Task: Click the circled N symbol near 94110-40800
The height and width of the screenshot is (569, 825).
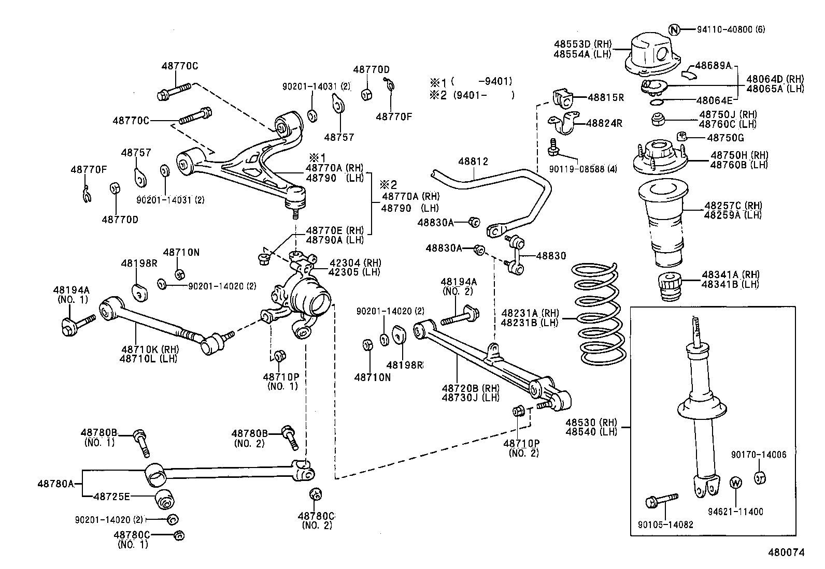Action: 674,30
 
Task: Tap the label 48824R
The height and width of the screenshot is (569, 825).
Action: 604,123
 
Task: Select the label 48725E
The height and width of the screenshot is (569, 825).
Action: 111,497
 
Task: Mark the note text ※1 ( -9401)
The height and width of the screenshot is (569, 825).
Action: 471,81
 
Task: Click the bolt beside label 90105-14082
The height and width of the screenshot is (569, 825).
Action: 662,500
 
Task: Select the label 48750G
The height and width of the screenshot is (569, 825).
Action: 725,138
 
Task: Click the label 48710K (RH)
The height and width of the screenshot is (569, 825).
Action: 148,349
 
